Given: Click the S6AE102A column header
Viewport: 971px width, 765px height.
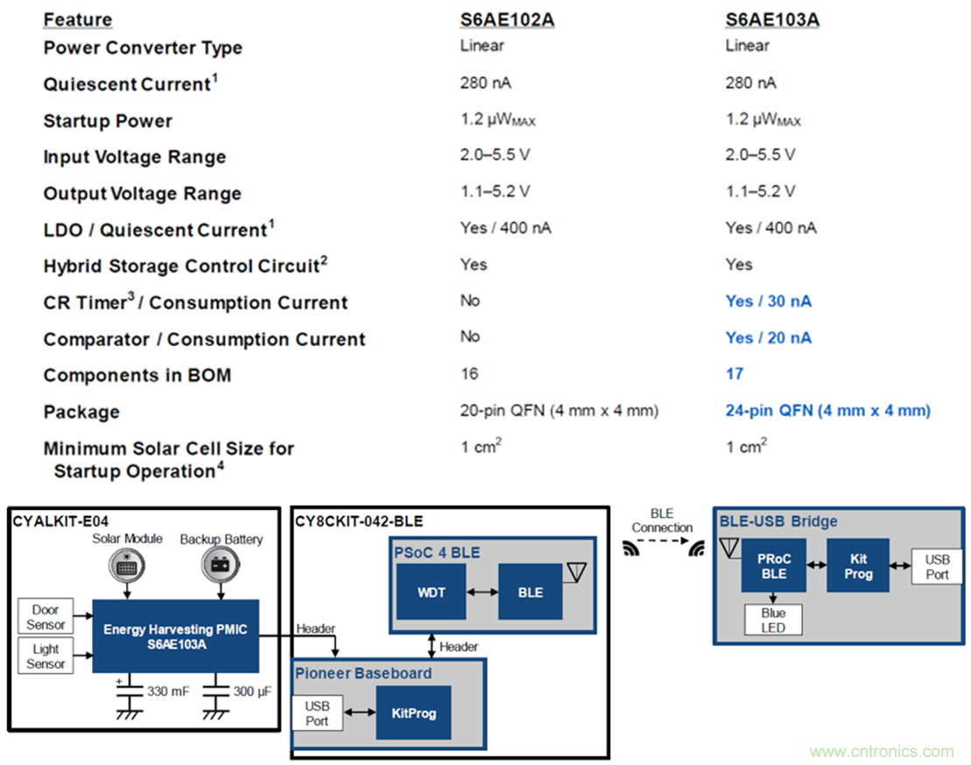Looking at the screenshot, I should click(507, 19).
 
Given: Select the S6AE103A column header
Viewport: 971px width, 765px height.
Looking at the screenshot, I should click(771, 19).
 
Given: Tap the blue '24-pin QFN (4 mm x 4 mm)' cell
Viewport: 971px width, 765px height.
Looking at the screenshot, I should click(827, 410).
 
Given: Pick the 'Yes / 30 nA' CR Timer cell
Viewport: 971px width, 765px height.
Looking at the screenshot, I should click(768, 301).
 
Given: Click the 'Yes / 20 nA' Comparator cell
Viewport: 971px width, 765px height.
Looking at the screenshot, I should click(768, 337).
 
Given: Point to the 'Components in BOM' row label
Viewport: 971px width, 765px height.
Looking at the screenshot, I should click(137, 376).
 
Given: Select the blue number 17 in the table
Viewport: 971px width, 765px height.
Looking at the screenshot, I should click(735, 374).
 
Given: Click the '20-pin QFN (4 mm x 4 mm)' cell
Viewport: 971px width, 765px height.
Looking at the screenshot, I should click(559, 410).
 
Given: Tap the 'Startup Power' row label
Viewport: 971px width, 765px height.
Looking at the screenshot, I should click(108, 121).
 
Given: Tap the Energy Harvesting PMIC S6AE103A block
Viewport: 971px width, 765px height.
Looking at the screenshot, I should click(175, 635).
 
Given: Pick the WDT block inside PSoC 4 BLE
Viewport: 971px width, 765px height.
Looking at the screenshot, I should click(431, 592).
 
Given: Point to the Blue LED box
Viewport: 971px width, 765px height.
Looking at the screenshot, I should click(773, 620).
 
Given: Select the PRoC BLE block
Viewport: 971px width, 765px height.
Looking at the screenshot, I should click(773, 566).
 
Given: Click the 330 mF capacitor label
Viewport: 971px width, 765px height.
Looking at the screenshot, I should click(166, 691).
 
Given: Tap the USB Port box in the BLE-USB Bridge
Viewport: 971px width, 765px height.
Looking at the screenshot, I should click(937, 567).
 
